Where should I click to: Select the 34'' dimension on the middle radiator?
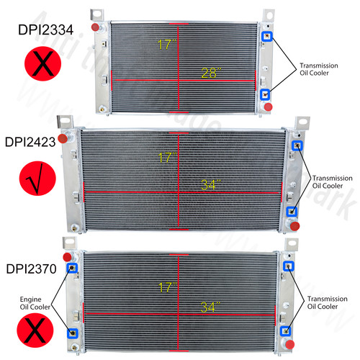pyautogui.click(x=207, y=184)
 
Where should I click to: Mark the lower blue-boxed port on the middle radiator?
pyautogui.click(x=291, y=212)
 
